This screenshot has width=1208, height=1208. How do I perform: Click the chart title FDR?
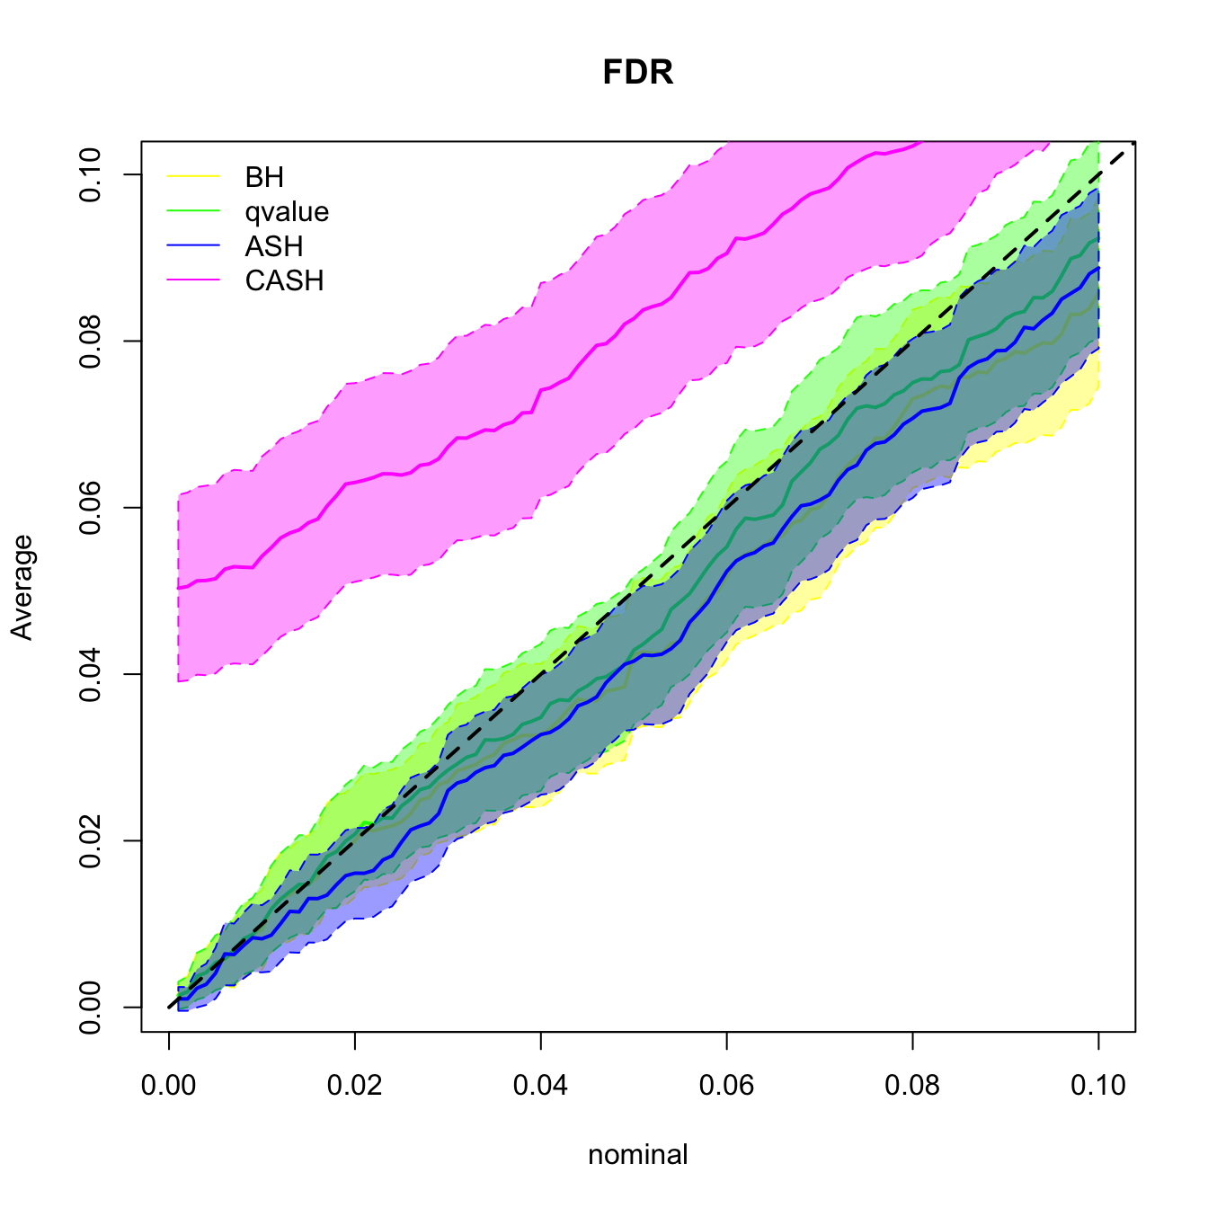point(638,72)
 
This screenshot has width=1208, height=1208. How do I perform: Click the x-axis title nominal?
point(638,1154)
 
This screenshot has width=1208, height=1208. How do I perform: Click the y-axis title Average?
point(22,587)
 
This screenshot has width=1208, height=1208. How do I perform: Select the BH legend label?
point(264,177)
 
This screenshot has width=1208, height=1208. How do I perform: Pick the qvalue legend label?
point(287,212)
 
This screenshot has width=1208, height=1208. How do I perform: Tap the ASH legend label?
point(274,246)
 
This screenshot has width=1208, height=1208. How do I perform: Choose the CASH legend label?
point(284,281)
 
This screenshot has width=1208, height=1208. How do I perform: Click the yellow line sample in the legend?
point(193,177)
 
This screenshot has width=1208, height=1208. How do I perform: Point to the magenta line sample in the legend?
point(193,281)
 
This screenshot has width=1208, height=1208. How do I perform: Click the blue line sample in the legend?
point(193,246)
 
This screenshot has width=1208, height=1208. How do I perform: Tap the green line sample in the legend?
point(193,212)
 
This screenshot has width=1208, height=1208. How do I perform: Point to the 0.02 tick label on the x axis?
point(355,1086)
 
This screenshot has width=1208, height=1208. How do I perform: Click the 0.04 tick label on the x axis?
point(541,1086)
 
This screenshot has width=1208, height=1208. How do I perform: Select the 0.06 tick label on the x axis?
point(726,1086)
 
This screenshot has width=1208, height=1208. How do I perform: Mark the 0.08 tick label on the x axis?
point(912,1086)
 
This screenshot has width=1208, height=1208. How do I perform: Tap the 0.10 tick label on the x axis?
point(1098,1086)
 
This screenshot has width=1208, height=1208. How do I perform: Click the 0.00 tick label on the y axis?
point(90,1007)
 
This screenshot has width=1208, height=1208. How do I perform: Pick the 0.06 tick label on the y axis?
point(90,508)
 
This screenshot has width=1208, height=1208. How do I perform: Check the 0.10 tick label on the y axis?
point(90,174)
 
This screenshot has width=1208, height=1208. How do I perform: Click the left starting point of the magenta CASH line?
point(179,588)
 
